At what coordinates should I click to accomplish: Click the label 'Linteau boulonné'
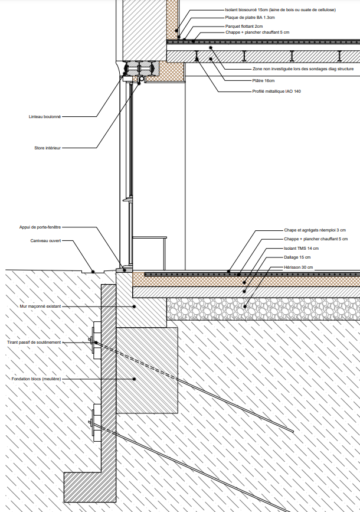click(45, 117)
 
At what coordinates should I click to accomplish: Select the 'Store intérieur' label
click(48, 148)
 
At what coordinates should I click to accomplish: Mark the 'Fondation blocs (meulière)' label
click(36, 379)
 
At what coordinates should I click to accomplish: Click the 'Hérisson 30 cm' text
click(298, 268)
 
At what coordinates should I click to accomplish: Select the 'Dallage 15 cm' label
click(297, 258)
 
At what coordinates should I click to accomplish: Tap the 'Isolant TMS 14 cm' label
click(300, 249)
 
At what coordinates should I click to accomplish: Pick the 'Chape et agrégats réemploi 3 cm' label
click(315, 230)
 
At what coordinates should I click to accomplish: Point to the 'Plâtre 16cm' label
click(264, 80)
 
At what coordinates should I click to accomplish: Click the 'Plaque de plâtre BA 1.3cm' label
click(250, 18)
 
